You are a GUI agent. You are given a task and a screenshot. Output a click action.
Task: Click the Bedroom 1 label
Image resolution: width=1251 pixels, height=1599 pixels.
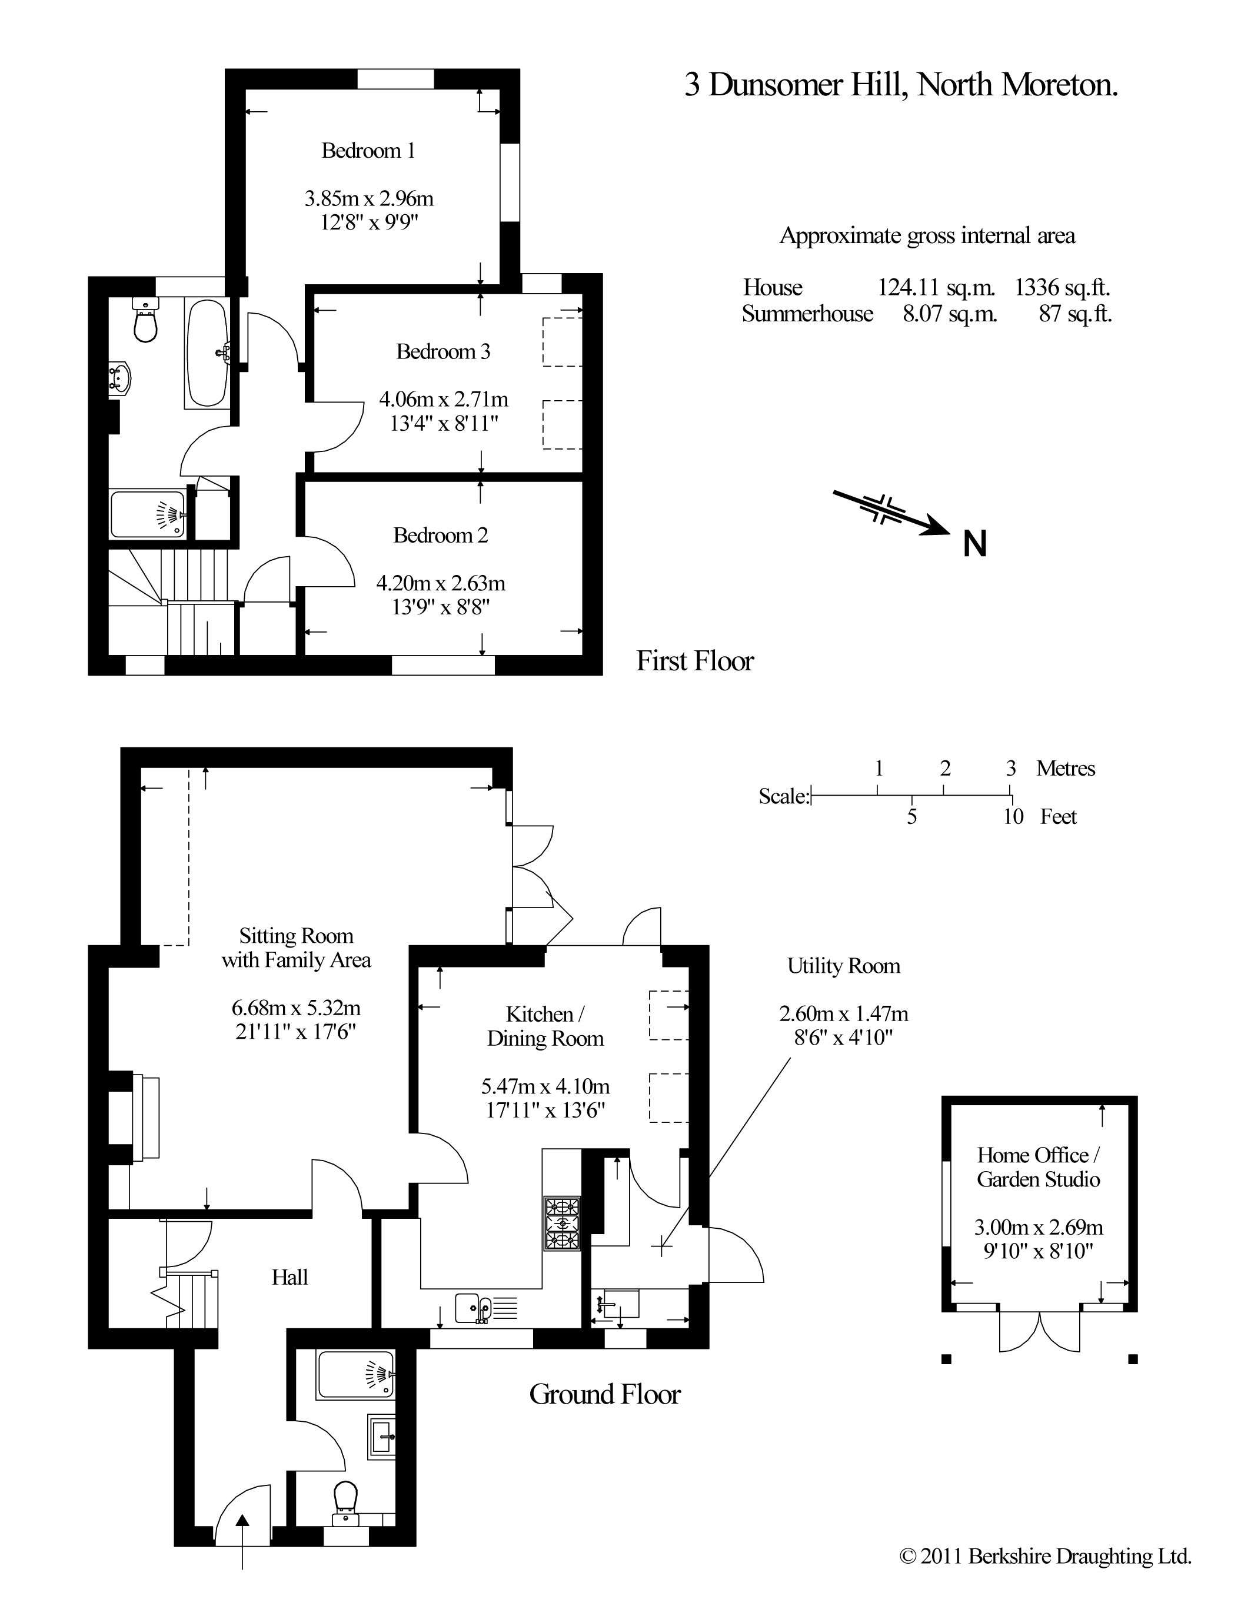click(368, 151)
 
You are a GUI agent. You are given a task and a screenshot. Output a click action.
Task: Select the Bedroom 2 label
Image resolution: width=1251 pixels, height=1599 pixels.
click(440, 536)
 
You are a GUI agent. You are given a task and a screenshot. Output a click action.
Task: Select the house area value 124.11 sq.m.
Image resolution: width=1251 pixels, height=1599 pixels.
click(936, 287)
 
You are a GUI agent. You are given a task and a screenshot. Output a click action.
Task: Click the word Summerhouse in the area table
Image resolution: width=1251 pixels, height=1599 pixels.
click(807, 314)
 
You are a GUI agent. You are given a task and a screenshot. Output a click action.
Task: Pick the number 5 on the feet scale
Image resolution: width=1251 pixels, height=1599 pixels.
click(912, 817)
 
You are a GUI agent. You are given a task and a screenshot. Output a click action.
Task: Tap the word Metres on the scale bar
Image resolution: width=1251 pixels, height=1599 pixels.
click(1066, 769)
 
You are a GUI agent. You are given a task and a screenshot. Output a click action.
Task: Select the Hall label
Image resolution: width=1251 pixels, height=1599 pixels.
click(290, 1278)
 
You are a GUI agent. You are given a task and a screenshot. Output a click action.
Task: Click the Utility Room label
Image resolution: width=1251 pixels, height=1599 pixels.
click(844, 966)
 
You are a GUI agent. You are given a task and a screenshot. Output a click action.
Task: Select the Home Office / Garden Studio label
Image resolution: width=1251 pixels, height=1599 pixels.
click(1038, 1168)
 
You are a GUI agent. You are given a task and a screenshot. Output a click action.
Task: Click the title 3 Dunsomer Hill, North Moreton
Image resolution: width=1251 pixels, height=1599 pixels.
click(901, 85)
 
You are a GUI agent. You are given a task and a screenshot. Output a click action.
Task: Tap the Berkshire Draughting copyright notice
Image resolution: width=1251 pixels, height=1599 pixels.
click(1045, 1576)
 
